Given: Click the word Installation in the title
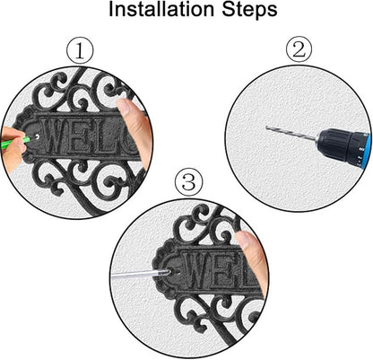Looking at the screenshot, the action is (161, 9).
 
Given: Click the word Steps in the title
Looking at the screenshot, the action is (249, 11).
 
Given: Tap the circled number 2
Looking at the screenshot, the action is (299, 50).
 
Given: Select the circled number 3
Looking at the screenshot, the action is (189, 182).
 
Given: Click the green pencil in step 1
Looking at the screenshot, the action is (16, 143).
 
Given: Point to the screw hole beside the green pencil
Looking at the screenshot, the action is (37, 136).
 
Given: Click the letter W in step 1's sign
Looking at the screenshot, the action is (56, 135).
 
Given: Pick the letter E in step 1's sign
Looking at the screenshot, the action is (81, 135).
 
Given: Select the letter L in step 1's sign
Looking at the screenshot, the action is (100, 136).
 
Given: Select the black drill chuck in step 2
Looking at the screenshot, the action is (335, 145).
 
